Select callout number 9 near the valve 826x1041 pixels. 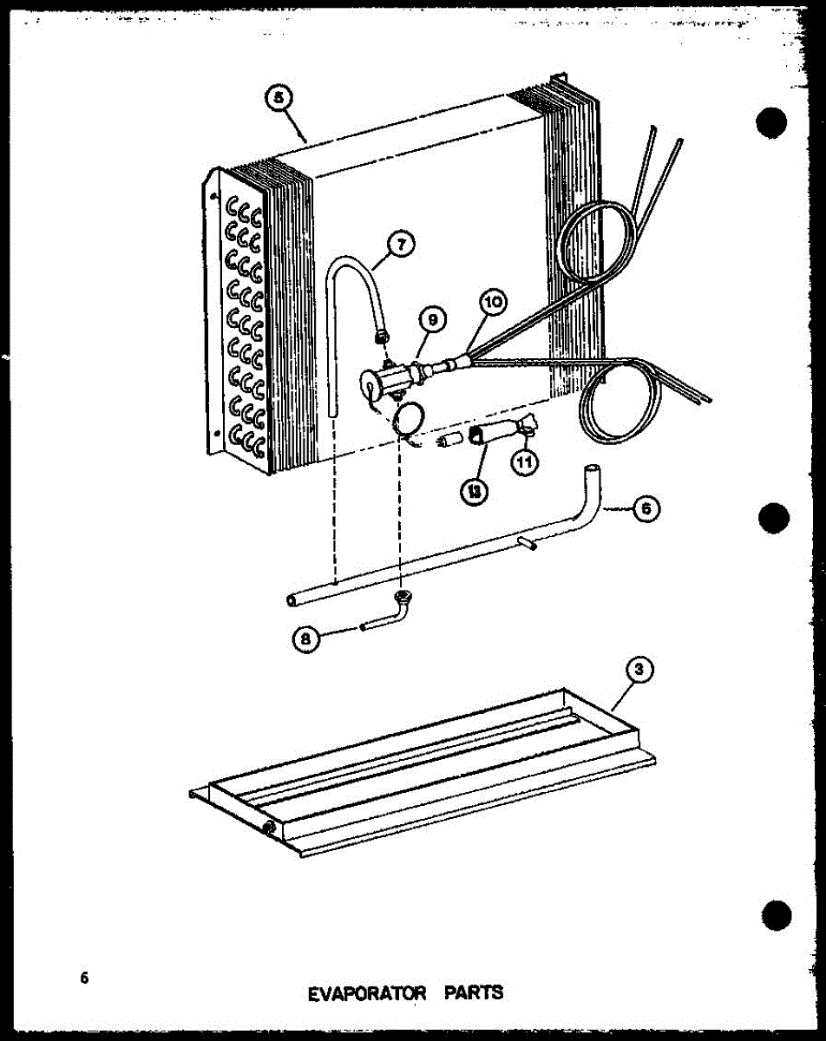tap(431, 321)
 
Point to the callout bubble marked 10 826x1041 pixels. tap(494, 304)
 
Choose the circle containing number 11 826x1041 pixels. tap(523, 462)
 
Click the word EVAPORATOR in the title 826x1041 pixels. tap(368, 992)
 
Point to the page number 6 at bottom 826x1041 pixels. tap(84, 978)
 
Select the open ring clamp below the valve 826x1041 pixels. tap(407, 418)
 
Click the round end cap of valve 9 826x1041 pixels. tap(370, 383)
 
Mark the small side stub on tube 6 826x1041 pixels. tap(527, 542)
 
